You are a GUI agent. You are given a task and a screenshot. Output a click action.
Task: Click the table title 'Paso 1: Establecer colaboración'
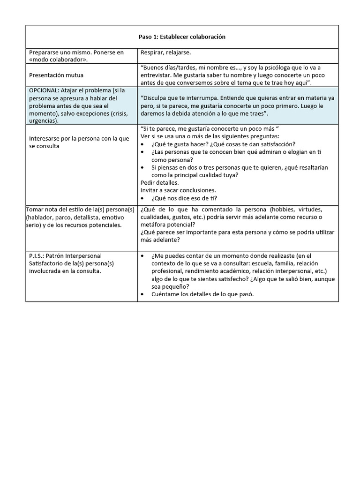click(x=182, y=37)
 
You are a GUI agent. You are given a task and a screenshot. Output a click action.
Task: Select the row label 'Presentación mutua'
click(x=56, y=75)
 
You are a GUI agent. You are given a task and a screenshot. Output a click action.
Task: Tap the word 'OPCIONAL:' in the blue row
click(x=44, y=90)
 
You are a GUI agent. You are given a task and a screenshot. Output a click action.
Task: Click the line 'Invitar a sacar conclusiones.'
click(x=178, y=190)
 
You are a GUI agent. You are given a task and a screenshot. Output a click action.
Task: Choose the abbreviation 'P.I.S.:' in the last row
click(x=39, y=256)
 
